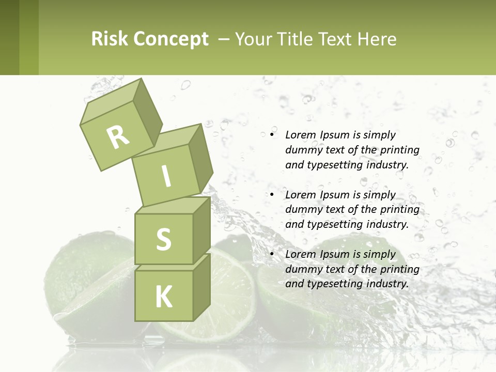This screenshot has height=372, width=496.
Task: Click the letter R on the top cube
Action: click(x=118, y=137)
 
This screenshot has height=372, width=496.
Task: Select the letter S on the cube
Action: click(x=163, y=239)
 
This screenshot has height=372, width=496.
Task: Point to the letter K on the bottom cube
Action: click(x=163, y=297)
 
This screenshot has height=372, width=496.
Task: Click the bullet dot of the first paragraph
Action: click(x=272, y=135)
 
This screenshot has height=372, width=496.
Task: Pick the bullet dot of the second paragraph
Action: click(x=272, y=195)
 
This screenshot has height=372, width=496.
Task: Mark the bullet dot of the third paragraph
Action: click(x=272, y=254)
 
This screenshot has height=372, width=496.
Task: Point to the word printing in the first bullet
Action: click(x=400, y=150)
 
